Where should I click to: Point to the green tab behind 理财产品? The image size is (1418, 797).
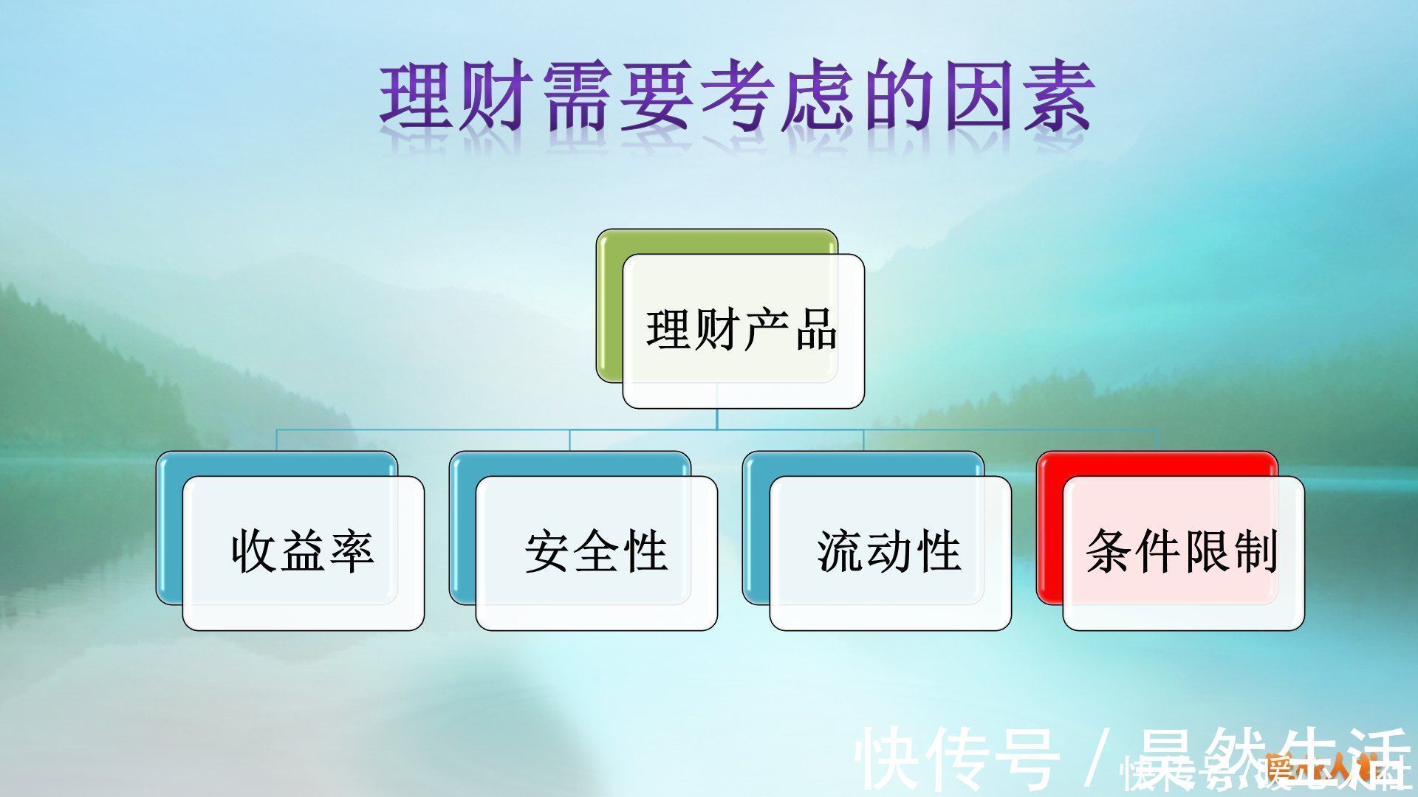[x=609, y=310]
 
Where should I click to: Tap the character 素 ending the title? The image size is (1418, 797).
[x=1056, y=100]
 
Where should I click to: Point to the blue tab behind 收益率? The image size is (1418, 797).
[x=168, y=531]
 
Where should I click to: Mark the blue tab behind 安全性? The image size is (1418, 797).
[x=462, y=531]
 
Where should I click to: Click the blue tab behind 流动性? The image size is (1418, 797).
[x=755, y=531]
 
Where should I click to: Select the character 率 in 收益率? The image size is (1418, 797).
[x=352, y=552]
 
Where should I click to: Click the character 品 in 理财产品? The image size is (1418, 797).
[x=815, y=330]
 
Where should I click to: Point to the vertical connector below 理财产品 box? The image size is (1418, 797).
[x=717, y=418]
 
